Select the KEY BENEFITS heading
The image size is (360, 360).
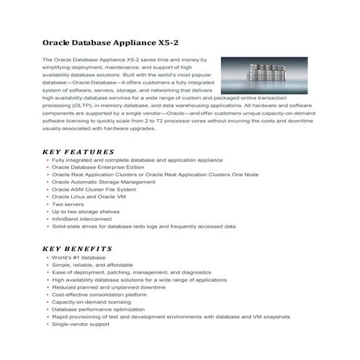(77, 248)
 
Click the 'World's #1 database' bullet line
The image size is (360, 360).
(79, 257)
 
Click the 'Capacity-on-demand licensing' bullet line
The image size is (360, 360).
(92, 302)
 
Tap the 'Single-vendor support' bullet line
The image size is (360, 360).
(81, 324)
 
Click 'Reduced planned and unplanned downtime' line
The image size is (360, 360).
(107, 287)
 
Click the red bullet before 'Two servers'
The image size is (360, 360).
(47, 204)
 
